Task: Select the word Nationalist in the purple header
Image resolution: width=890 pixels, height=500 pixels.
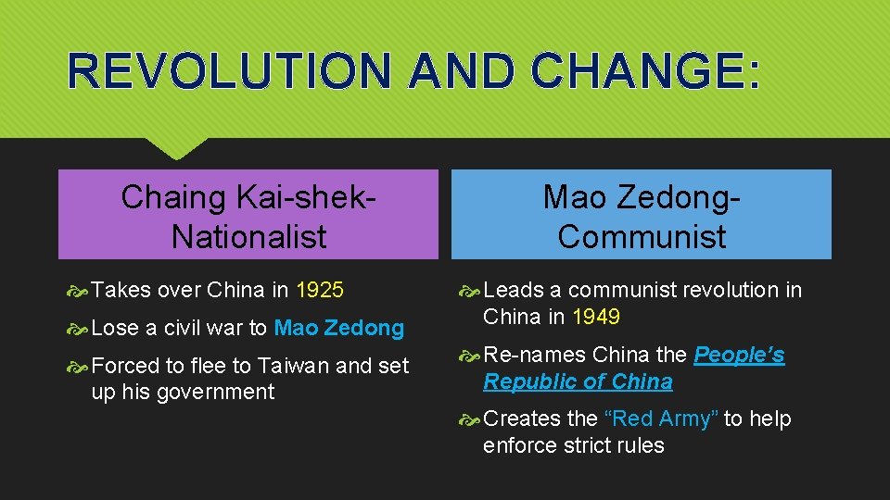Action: click(248, 237)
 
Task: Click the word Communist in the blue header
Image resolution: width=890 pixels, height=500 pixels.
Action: click(642, 237)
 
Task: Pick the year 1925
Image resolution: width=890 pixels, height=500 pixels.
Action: click(320, 290)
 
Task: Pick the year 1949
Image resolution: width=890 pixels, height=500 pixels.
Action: click(596, 317)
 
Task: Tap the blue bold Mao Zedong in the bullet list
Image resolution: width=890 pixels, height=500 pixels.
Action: click(339, 328)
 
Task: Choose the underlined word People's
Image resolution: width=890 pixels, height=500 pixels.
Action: click(739, 355)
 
